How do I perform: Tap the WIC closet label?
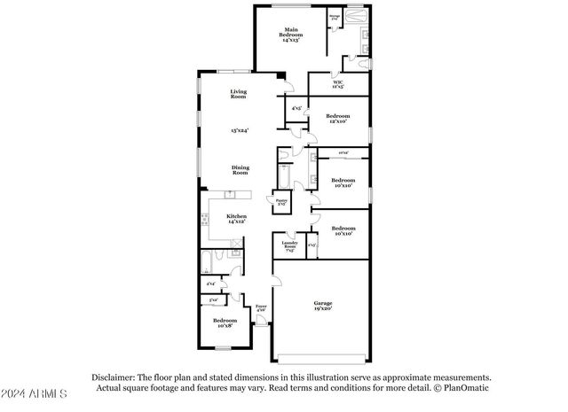(337, 85)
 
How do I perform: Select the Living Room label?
(239, 94)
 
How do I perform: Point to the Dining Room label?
(240, 169)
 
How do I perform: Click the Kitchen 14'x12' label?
(236, 218)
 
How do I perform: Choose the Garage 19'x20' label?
(322, 307)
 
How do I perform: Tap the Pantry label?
(281, 203)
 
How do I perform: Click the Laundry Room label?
(289, 245)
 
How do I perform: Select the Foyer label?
(261, 307)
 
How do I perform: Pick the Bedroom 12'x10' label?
(338, 119)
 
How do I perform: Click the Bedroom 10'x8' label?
(225, 323)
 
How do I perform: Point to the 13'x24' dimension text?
(239, 130)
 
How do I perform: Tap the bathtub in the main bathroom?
(355, 16)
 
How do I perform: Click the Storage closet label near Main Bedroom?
(335, 16)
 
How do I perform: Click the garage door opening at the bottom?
(321, 357)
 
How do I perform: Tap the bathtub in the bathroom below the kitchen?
(206, 262)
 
